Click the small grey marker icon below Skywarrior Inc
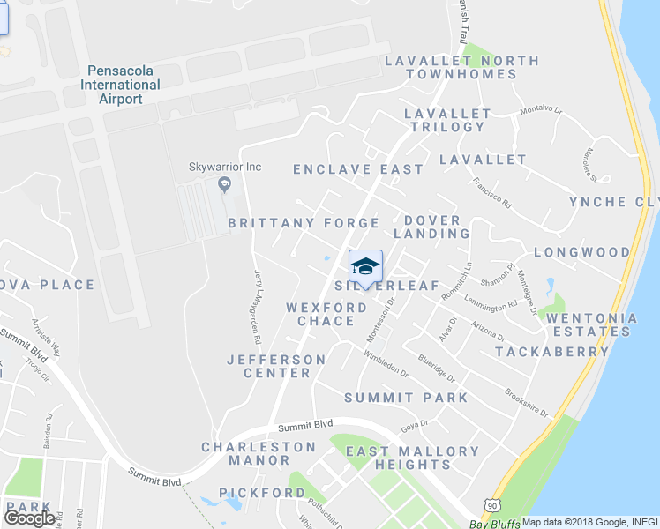(x=225, y=184)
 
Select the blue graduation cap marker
(x=365, y=265)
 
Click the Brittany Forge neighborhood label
(x=304, y=223)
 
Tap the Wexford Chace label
(x=326, y=314)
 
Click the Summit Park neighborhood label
(x=406, y=398)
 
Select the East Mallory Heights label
(x=412, y=458)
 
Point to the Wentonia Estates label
(x=591, y=324)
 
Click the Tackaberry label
(x=551, y=351)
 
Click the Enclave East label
(x=358, y=168)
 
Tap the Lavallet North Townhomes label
(x=461, y=67)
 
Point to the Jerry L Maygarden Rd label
(x=258, y=306)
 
